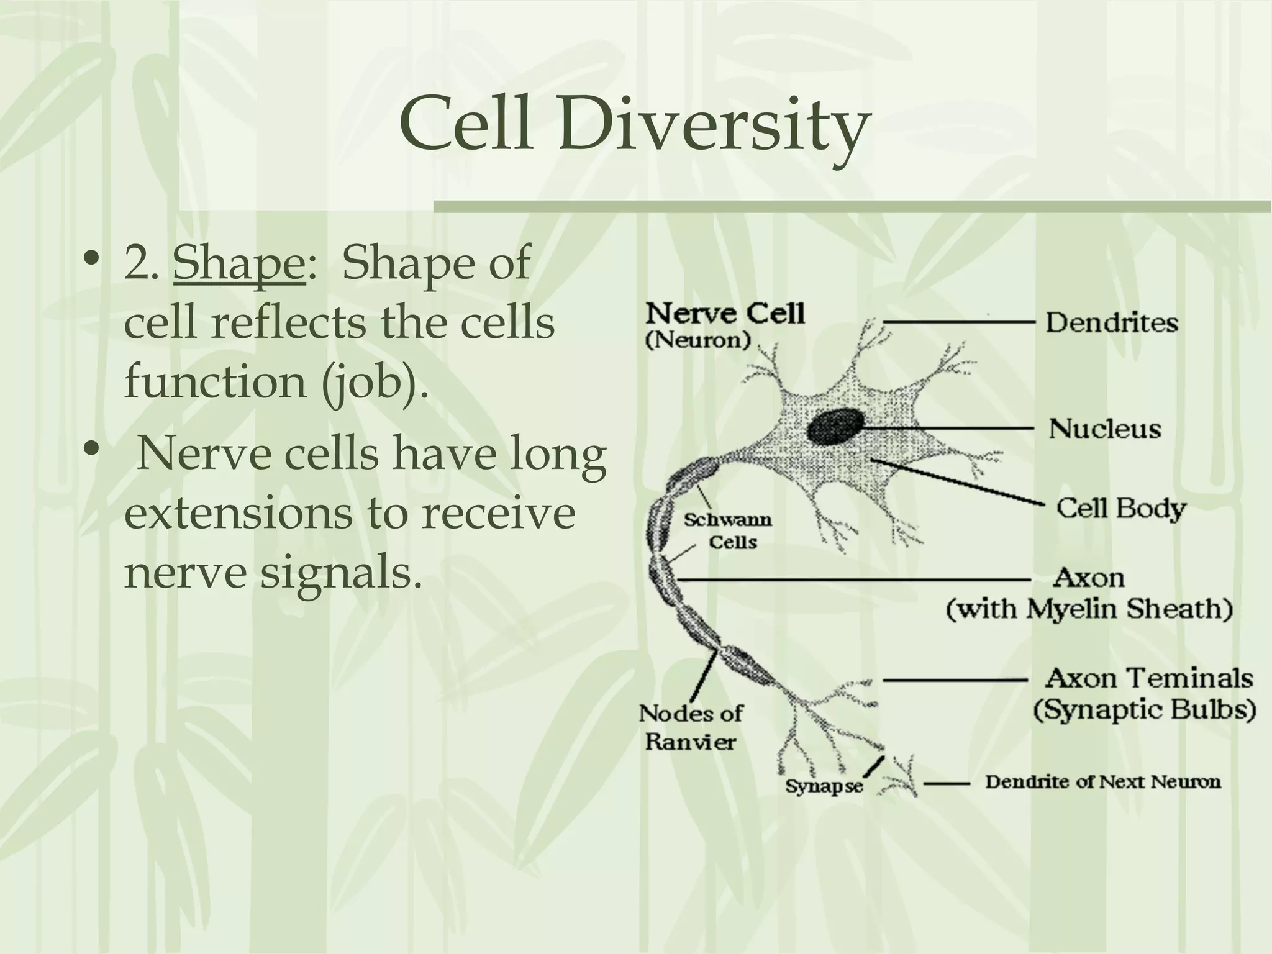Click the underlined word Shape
pyautogui.click(x=239, y=264)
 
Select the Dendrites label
pyautogui.click(x=1111, y=323)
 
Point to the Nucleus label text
pyautogui.click(x=1104, y=429)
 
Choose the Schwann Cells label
pyautogui.click(x=729, y=531)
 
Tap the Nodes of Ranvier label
pyautogui.click(x=690, y=727)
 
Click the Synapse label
pyautogui.click(x=824, y=786)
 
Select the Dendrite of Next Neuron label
pyautogui.click(x=1103, y=781)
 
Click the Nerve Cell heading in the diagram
pyautogui.click(x=725, y=314)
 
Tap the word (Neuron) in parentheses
pyautogui.click(x=699, y=340)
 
